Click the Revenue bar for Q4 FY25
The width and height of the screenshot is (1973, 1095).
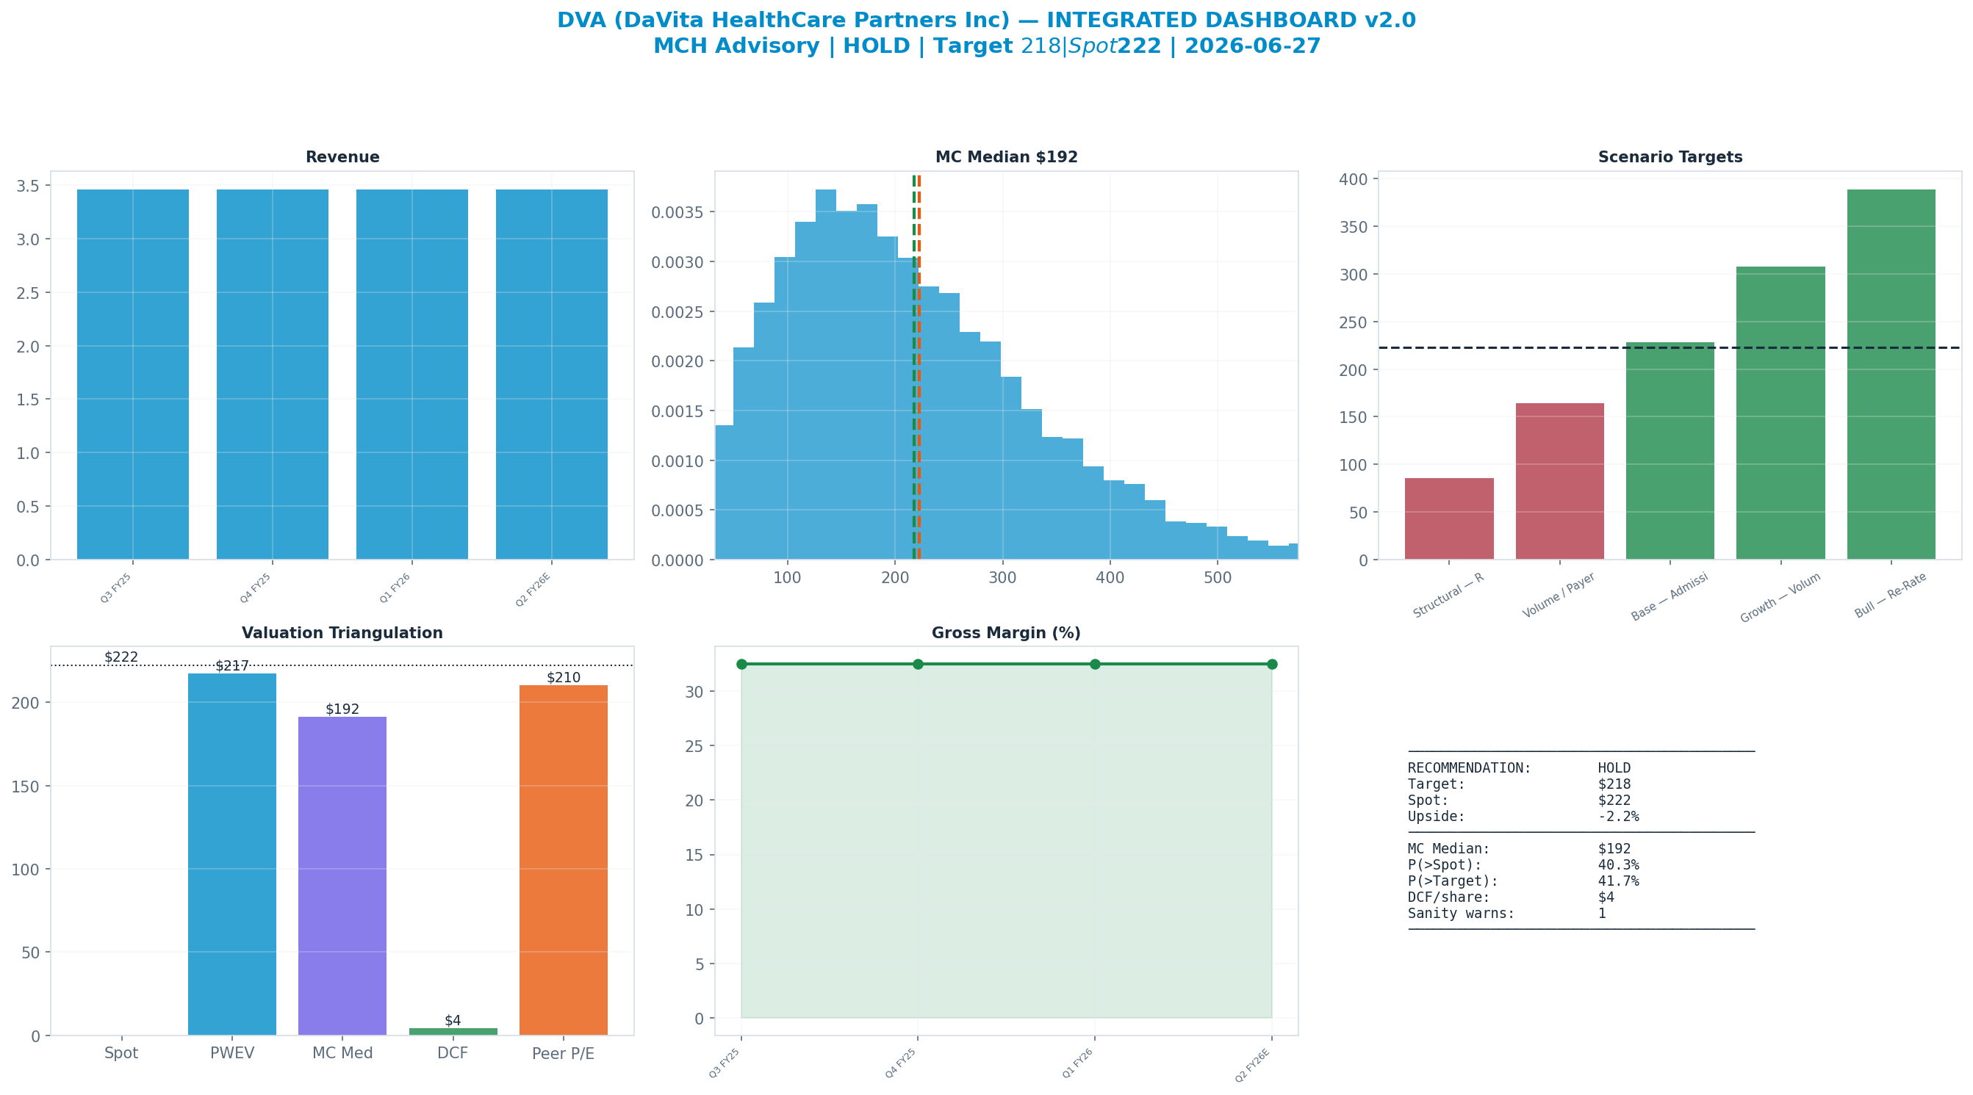pyautogui.click(x=272, y=375)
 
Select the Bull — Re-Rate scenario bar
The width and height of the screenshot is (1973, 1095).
pyautogui.click(x=1891, y=375)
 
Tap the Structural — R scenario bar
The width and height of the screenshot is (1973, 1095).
pyautogui.click(x=1449, y=519)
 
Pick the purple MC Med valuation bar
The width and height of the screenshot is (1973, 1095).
pyautogui.click(x=342, y=876)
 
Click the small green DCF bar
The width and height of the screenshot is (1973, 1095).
pyautogui.click(x=453, y=1031)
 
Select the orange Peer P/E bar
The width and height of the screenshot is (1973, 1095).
pyautogui.click(x=564, y=860)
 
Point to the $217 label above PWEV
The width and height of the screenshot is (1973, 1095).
pyautogui.click(x=232, y=666)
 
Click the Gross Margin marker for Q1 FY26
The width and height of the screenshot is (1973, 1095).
pyautogui.click(x=1094, y=664)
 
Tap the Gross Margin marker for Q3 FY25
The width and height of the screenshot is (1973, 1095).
pyautogui.click(x=741, y=664)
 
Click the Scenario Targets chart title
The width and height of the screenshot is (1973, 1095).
pyautogui.click(x=1670, y=157)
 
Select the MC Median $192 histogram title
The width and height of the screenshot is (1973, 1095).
pyautogui.click(x=1007, y=157)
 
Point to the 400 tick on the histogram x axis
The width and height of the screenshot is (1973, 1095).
pyautogui.click(x=1110, y=578)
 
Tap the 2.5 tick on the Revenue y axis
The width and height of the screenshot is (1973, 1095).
pyautogui.click(x=28, y=292)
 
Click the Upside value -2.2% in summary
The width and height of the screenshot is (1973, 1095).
pyautogui.click(x=1618, y=816)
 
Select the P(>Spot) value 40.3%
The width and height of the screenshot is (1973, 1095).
pyautogui.click(x=1618, y=865)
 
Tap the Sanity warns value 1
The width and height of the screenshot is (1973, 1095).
pyautogui.click(x=1601, y=914)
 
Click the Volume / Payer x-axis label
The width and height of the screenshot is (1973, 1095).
pyautogui.click(x=1559, y=595)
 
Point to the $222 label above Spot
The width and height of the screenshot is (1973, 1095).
pyautogui.click(x=121, y=657)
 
